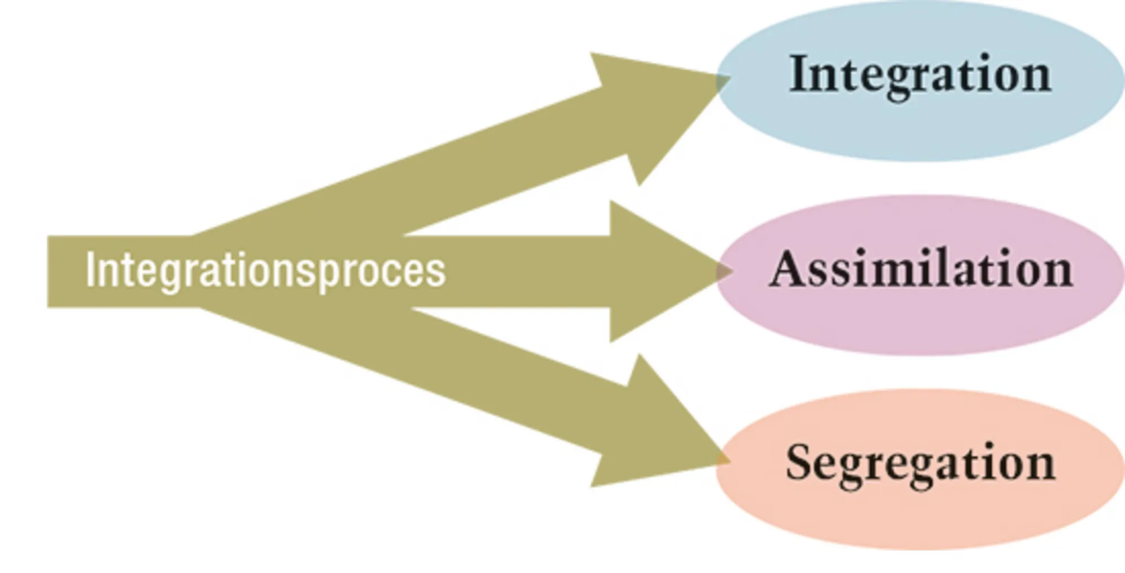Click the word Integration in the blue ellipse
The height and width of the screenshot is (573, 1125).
(920, 75)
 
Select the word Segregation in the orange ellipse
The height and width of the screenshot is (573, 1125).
(920, 463)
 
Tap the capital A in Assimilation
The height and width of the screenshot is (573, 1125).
(787, 269)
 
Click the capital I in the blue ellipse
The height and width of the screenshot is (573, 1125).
(798, 73)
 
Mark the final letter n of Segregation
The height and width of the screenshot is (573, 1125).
(1039, 465)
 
